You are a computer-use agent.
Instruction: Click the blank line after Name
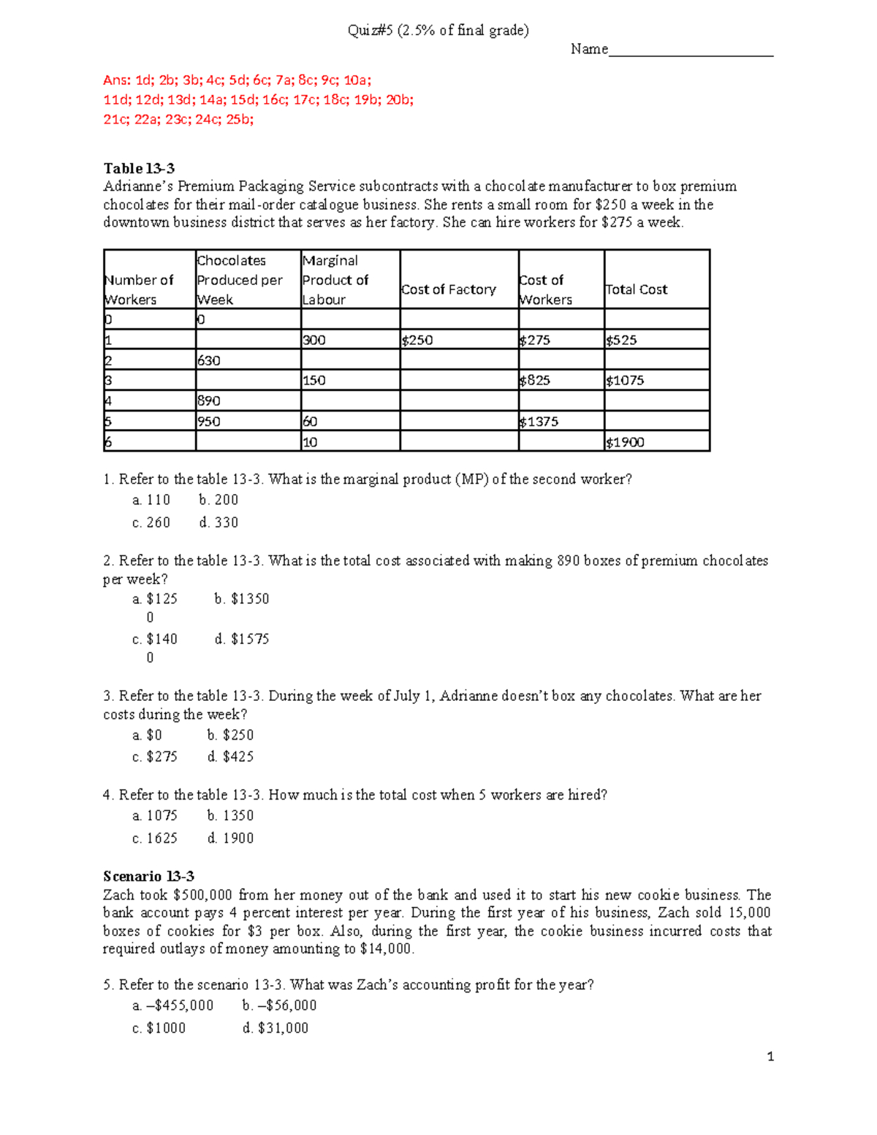691,50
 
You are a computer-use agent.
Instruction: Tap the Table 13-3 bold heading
139,168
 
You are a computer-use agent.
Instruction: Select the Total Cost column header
637,289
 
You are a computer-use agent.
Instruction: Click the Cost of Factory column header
449,289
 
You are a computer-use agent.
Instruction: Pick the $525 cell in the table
622,340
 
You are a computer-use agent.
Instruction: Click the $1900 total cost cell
626,442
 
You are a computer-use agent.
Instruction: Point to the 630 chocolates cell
209,360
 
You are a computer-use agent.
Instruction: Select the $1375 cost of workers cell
539,422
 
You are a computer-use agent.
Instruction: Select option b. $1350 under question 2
242,599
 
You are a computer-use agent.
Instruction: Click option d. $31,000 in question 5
276,1028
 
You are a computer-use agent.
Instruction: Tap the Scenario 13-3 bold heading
148,876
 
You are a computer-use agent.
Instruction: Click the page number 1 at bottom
770,1056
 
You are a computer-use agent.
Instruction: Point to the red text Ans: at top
117,80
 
